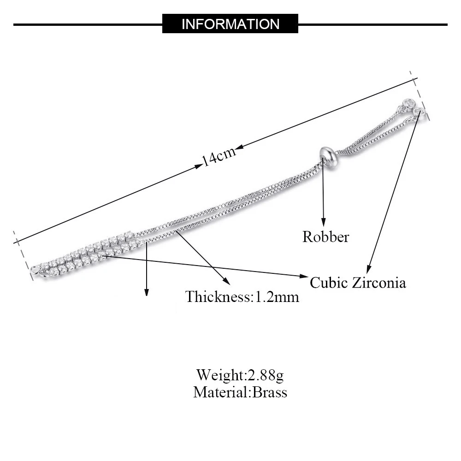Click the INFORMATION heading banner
230,24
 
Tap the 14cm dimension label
219,156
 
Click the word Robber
325,237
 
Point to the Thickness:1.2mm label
242,296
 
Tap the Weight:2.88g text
240,374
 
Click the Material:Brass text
240,392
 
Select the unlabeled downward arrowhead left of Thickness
147,291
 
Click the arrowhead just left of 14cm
198,165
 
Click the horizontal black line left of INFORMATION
88,24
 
